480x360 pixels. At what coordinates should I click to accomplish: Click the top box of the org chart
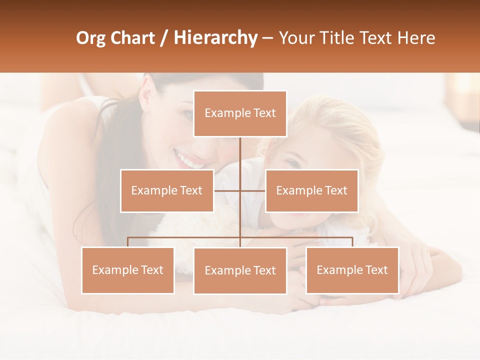pyautogui.click(x=240, y=113)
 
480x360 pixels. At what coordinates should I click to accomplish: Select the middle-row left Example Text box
pyautogui.click(x=167, y=190)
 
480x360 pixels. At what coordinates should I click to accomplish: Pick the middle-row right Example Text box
pyautogui.click(x=311, y=190)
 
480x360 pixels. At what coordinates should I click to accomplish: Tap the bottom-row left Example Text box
pyautogui.click(x=128, y=270)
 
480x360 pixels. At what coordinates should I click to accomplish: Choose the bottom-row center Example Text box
pyautogui.click(x=240, y=270)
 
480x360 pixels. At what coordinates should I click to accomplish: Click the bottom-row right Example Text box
pyautogui.click(x=352, y=270)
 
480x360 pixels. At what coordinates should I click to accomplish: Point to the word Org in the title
pyautogui.click(x=91, y=38)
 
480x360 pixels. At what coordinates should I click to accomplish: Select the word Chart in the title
pyautogui.click(x=133, y=38)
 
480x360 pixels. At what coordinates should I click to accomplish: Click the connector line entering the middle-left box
pyautogui.click(x=226, y=190)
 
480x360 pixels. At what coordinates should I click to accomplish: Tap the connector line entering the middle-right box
pyautogui.click(x=254, y=190)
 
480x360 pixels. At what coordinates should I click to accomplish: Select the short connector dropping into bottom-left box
pyautogui.click(x=128, y=242)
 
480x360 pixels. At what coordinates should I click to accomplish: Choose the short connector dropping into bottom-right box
pyautogui.click(x=352, y=242)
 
